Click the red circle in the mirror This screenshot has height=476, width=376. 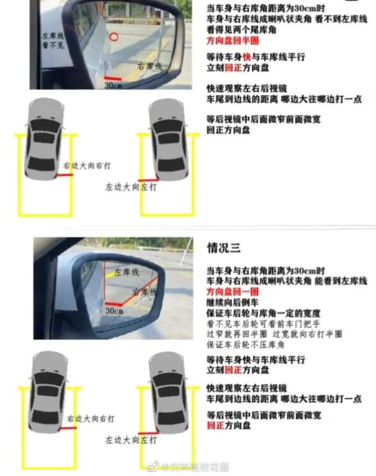(114, 37)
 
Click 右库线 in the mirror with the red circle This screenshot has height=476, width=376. (149, 67)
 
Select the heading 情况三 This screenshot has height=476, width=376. (224, 248)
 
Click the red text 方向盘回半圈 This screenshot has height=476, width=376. (233, 41)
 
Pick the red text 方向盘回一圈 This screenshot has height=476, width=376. (233, 292)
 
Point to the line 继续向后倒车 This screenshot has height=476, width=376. (233, 303)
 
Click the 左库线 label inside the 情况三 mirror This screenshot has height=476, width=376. (127, 272)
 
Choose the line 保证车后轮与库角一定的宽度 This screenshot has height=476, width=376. (263, 313)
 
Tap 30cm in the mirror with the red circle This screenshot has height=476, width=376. (113, 85)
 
